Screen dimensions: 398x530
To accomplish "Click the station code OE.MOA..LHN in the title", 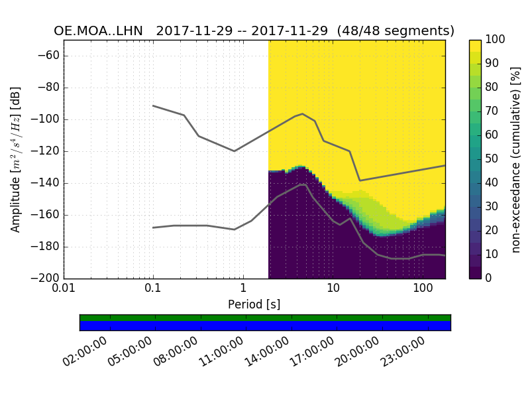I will [101, 31].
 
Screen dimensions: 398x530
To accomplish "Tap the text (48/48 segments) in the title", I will [396, 31].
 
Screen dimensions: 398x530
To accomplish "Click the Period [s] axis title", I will [254, 304].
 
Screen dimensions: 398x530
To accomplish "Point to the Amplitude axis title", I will [15, 159].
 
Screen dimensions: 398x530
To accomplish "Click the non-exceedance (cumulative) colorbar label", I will [515, 159].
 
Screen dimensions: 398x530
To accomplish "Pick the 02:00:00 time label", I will [86, 351].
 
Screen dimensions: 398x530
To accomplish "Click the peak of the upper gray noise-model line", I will [302, 113].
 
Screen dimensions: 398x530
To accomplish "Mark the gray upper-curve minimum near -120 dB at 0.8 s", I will [234, 151].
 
